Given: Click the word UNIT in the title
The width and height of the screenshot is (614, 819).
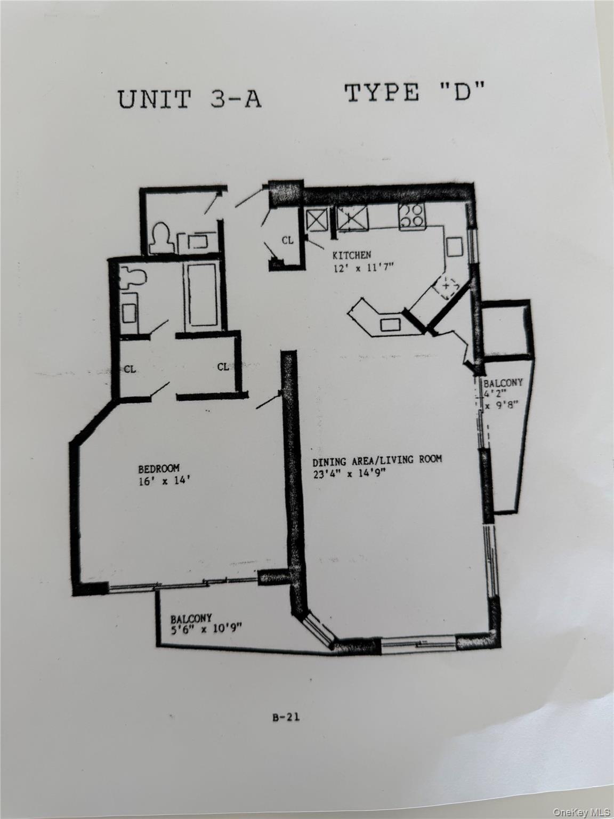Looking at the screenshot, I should point(154,100).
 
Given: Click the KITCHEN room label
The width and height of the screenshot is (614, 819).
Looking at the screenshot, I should point(352,254).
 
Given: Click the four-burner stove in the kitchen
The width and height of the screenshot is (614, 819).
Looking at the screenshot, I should point(411,216).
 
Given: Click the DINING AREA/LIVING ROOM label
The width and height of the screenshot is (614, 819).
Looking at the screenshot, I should point(377,460).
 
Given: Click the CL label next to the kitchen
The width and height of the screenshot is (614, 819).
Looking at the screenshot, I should point(287,240).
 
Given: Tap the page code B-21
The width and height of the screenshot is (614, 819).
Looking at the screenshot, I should point(286,717).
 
